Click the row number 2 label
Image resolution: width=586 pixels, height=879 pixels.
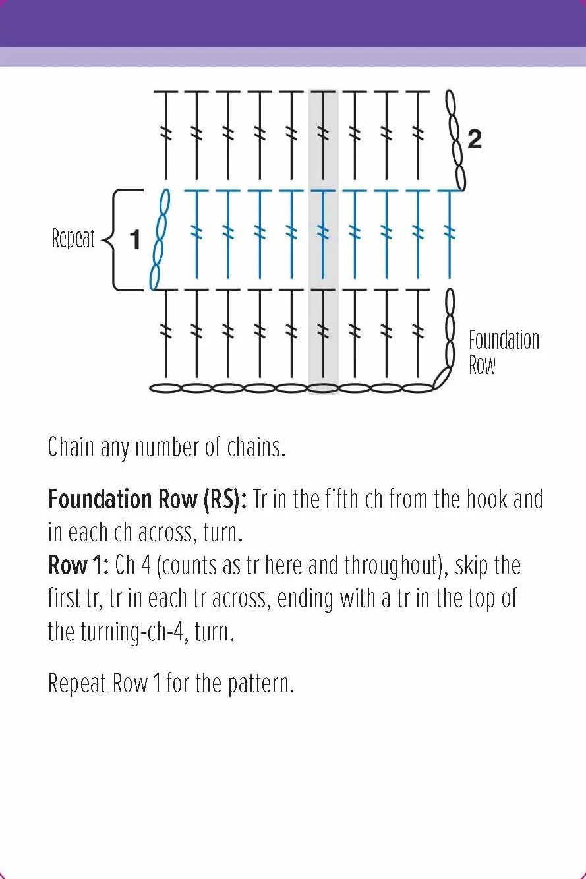click(475, 139)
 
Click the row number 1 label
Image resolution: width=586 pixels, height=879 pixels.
click(134, 239)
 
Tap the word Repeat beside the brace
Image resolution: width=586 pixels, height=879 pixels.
click(73, 238)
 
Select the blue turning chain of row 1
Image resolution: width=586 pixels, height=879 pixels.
click(160, 239)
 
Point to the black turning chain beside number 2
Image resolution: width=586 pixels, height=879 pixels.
click(455, 140)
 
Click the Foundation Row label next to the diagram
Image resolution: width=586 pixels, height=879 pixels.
click(504, 352)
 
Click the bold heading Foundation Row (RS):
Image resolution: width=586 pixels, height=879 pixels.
click(148, 499)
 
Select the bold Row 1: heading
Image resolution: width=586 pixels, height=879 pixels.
click(78, 566)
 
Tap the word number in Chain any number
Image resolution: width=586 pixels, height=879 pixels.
click(167, 447)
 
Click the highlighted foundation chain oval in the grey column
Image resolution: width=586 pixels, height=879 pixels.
click(323, 388)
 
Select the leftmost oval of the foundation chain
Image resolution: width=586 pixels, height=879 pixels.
click(165, 388)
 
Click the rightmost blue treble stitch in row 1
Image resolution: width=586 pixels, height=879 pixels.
click(450, 234)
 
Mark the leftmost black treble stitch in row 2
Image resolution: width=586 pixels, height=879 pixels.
click(165, 135)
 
